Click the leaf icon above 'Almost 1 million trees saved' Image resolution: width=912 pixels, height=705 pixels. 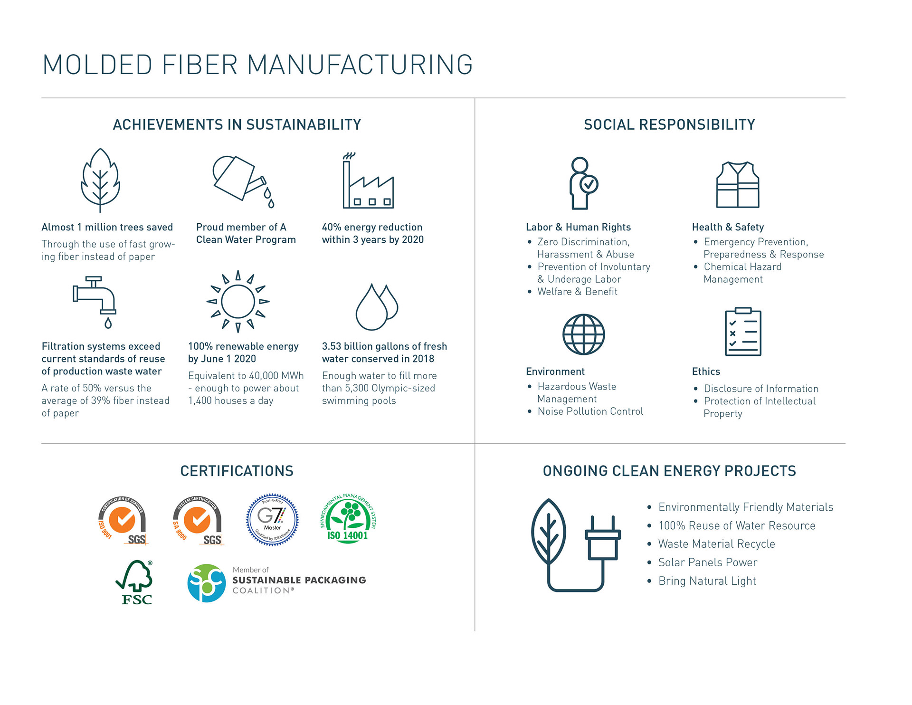(100, 180)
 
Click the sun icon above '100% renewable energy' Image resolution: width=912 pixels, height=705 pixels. (238, 301)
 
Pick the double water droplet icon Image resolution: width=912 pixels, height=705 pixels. (377, 307)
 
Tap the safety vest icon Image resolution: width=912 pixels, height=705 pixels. (737, 185)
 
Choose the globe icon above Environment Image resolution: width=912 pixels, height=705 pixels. (583, 334)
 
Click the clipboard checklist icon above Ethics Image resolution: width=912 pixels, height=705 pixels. (743, 332)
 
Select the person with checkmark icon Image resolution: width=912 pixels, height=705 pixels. (583, 183)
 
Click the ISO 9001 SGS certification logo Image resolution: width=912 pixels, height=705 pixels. (123, 520)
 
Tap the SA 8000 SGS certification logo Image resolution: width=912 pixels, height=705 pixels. (198, 520)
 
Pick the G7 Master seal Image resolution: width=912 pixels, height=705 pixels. (272, 519)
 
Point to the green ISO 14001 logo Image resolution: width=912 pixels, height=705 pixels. (348, 519)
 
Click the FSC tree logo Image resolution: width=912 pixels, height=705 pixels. (135, 582)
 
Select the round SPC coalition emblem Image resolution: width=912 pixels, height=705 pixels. (206, 583)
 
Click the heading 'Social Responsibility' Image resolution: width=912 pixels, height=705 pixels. (669, 124)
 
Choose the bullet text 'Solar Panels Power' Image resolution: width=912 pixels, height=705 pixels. (707, 562)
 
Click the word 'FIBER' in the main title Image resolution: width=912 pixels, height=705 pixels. (199, 65)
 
